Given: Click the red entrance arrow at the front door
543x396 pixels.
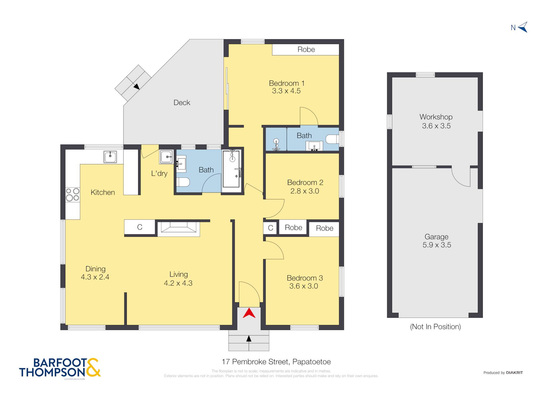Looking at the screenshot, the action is [x=249, y=314].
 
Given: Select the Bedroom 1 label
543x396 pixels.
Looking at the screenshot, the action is [x=287, y=83].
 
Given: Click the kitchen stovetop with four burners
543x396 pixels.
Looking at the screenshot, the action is [x=73, y=195].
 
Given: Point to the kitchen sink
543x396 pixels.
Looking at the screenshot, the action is [x=110, y=157].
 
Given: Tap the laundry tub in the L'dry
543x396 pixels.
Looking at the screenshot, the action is [x=166, y=157].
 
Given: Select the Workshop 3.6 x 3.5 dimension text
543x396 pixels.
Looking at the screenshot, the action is [x=436, y=126].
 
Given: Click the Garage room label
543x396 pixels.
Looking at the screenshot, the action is [x=436, y=237].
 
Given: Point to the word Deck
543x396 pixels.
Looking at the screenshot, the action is [x=182, y=103].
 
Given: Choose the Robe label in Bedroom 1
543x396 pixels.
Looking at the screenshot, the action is [x=306, y=50].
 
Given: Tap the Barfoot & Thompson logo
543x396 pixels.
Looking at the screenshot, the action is [x=60, y=367].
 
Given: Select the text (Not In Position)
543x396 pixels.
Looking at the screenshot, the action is [x=435, y=327].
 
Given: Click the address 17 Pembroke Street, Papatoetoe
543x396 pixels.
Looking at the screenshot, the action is [x=276, y=362].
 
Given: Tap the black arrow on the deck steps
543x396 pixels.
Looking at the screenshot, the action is [x=137, y=86].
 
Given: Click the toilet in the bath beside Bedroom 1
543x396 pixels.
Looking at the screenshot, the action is [x=332, y=139].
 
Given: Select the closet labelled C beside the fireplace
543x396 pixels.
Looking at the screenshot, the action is [x=140, y=227].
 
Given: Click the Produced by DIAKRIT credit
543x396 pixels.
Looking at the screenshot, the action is [x=503, y=373].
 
